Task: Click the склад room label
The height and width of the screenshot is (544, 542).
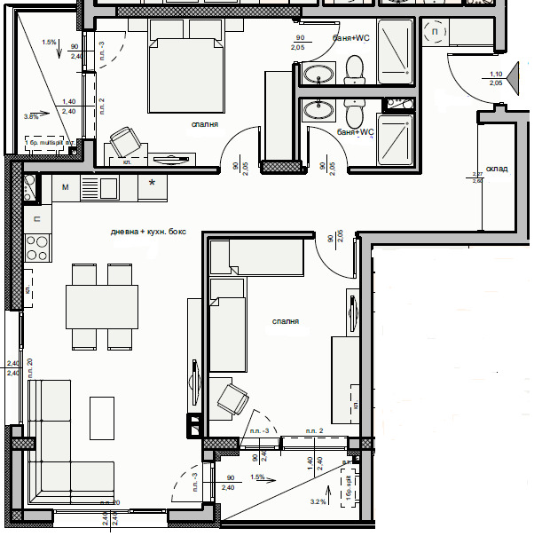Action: [x=498, y=168]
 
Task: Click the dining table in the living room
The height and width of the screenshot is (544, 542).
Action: [x=102, y=306]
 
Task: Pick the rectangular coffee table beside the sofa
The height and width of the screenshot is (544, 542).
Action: [x=102, y=418]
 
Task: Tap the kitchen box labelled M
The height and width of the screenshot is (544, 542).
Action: [x=66, y=187]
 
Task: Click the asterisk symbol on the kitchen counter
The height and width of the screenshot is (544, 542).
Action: [x=153, y=184]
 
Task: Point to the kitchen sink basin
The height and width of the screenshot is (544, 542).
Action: [x=108, y=188]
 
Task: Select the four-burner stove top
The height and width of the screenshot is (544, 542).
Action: [x=38, y=241]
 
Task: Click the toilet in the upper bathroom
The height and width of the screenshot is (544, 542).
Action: [x=356, y=68]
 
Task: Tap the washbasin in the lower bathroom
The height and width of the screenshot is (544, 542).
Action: [x=315, y=109]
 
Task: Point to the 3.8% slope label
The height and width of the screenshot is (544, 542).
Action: [x=32, y=116]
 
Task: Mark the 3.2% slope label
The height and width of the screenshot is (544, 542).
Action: [x=318, y=501]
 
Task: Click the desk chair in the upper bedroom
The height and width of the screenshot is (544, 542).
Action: [x=124, y=140]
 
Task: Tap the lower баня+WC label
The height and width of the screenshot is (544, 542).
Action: [x=356, y=132]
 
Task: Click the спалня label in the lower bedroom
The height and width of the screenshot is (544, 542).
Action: [x=285, y=323]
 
